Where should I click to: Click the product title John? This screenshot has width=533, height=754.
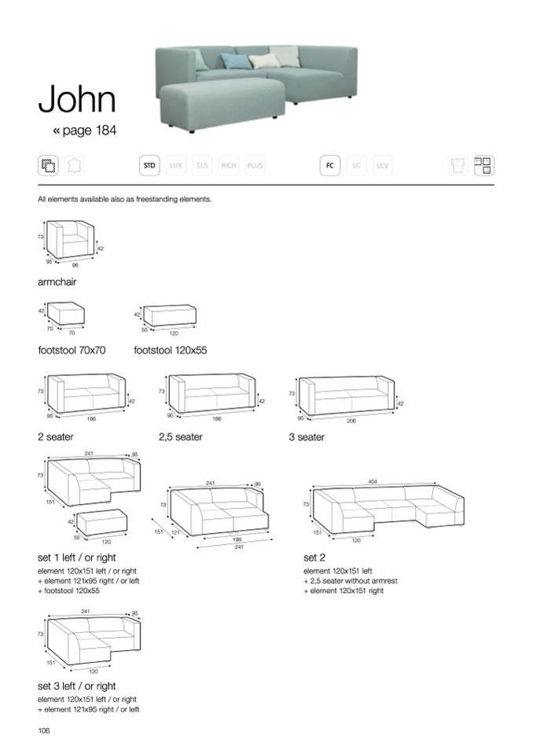click(77, 99)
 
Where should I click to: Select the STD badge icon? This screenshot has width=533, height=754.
click(149, 166)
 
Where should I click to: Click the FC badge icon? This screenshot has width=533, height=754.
click(329, 166)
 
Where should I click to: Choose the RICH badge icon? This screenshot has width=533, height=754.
click(229, 166)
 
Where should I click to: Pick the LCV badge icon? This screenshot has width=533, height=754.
click(383, 166)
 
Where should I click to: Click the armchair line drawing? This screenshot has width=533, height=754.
click(72, 241)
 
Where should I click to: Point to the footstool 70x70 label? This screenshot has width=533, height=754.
click(71, 351)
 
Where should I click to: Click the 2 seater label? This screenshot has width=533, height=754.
click(55, 437)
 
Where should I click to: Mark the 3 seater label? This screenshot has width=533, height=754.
click(306, 437)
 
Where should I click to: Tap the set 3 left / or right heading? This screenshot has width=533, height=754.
click(76, 686)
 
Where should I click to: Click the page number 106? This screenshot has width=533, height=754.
click(44, 730)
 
